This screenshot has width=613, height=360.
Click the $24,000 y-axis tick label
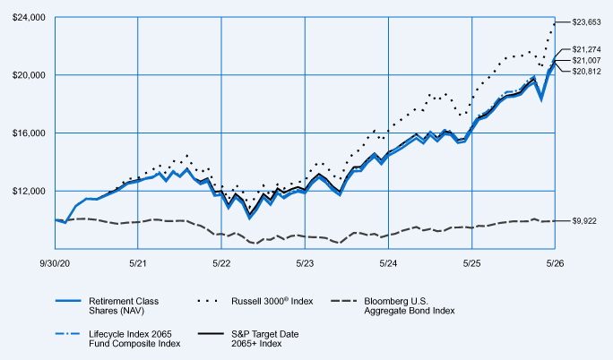point(29,18)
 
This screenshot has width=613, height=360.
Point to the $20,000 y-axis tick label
point(29,75)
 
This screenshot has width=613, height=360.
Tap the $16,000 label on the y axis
point(29,133)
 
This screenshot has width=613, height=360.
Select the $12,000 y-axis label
point(29,191)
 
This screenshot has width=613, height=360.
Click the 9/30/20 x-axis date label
point(55,263)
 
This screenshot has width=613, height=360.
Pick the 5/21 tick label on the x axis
point(138,263)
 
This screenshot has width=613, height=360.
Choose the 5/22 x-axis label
point(221,263)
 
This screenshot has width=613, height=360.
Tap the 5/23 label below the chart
point(305,263)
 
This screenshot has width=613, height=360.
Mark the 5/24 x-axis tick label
point(388,263)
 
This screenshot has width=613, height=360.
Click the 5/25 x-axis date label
point(472,263)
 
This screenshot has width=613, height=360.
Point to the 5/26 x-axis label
point(555,263)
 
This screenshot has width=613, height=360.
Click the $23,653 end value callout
point(586,22)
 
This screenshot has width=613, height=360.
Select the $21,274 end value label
point(586,49)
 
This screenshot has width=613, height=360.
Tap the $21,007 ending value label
point(586,61)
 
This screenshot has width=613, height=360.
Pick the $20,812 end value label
point(586,72)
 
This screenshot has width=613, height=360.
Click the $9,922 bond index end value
point(584,221)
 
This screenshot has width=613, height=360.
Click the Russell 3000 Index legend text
point(272,301)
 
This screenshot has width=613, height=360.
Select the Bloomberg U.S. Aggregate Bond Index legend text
point(410,305)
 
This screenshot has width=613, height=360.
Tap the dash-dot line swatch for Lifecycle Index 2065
point(68,334)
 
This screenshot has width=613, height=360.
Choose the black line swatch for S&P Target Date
point(211,334)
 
